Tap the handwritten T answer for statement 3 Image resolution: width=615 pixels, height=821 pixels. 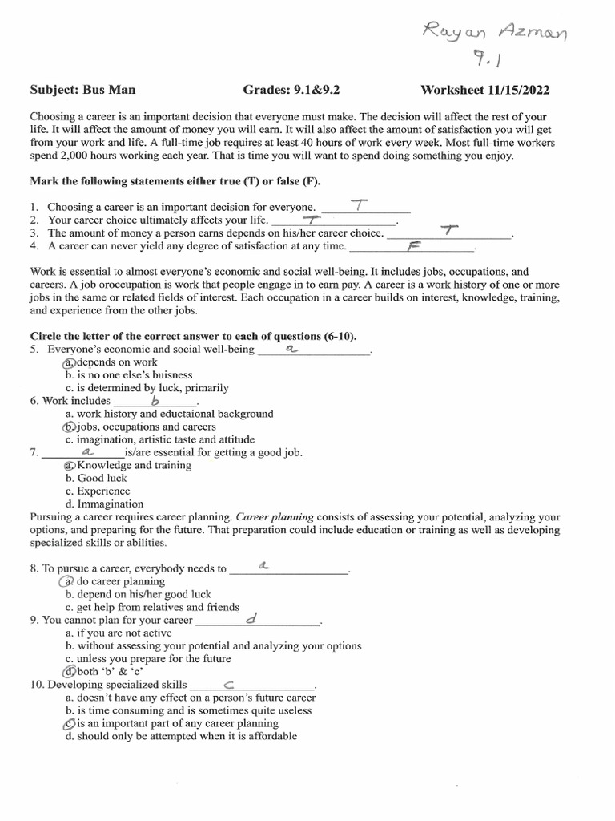coord(448,232)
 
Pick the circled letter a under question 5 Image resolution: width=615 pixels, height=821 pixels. coord(70,362)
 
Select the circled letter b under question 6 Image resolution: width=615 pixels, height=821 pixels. coord(70,427)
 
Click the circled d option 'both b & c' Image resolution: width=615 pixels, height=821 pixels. coord(70,672)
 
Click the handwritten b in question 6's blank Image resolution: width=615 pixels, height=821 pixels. coord(155,400)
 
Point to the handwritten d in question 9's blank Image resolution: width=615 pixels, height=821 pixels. coord(251,620)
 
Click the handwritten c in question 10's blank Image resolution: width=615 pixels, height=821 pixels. coord(228,685)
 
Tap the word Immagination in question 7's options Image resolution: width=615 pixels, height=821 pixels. coord(111,504)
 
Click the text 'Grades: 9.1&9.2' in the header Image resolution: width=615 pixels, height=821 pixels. coord(291,91)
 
